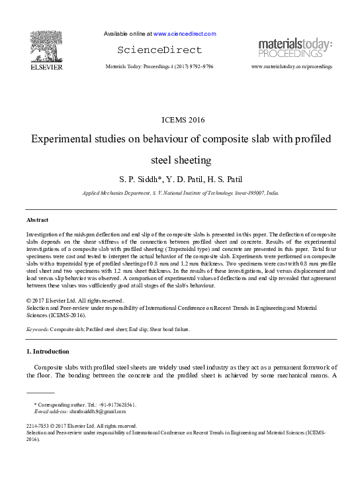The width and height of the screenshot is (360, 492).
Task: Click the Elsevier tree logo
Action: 46,44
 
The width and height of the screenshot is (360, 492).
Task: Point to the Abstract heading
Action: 37,219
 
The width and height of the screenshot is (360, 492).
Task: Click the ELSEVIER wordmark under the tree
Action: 46,67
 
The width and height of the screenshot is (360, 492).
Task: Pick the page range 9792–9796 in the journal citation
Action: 199,67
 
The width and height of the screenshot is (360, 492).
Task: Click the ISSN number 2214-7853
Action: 38,426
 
